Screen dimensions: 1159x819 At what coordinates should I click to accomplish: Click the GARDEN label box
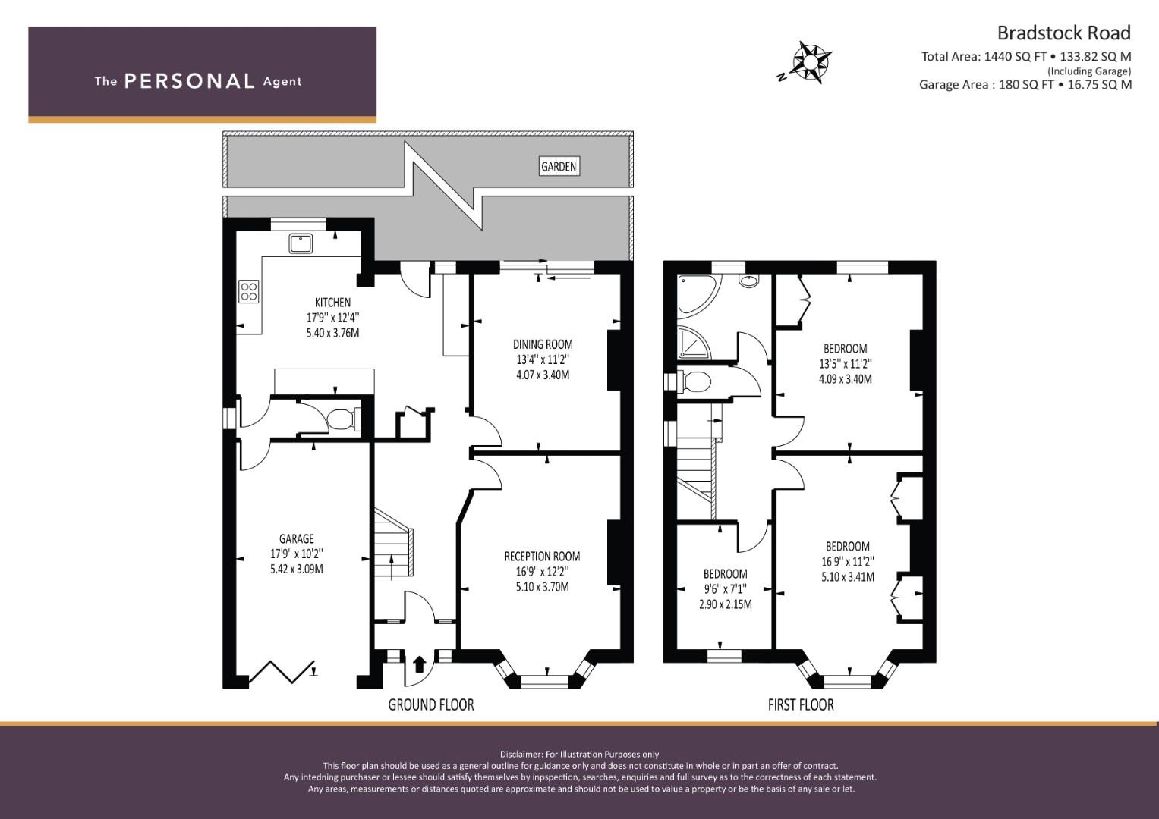559,167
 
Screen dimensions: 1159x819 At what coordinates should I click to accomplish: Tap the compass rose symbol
807,62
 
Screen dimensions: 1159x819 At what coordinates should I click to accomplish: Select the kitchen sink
301,243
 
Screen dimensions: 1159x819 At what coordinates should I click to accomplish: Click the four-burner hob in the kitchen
248,291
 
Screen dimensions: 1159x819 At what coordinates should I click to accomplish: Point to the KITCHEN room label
332,303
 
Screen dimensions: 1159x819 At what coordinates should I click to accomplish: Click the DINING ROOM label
543,344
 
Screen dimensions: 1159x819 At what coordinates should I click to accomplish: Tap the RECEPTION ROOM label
542,557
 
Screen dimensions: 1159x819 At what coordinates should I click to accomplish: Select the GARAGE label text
297,538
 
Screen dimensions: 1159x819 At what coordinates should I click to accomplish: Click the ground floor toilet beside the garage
342,419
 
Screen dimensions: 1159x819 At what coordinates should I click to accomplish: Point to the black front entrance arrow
420,664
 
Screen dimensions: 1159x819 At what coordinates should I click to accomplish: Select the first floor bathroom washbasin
748,281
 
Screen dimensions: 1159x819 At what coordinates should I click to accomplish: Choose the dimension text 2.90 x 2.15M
726,604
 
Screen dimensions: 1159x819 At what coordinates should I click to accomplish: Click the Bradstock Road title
1064,33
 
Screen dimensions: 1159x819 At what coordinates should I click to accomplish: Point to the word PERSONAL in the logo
190,81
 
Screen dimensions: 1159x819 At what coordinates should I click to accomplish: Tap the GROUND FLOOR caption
431,704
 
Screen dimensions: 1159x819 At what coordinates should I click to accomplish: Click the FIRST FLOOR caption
801,704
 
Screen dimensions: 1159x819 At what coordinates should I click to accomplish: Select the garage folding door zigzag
282,672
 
